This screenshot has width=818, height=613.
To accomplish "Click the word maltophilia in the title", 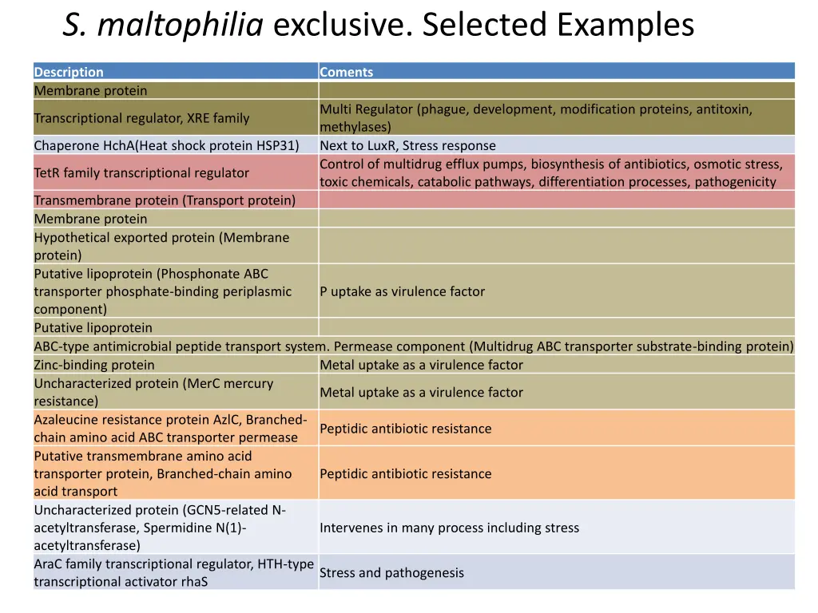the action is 181,26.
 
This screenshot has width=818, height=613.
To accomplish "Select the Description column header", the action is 69,72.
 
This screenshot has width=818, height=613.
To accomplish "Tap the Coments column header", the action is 346,72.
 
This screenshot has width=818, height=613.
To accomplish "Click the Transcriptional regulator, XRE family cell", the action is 141,118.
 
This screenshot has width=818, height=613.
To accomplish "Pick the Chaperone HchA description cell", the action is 166,145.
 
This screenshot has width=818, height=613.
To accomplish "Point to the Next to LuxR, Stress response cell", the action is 407,145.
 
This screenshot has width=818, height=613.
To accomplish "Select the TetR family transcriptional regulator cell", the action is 141,172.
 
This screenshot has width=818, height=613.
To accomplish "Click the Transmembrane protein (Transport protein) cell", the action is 165,200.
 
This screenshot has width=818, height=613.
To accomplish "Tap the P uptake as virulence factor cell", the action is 402,291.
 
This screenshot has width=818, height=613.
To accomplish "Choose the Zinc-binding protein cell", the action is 94,365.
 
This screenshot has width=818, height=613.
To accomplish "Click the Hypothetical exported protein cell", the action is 161,246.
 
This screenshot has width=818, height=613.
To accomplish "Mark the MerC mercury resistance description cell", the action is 153,392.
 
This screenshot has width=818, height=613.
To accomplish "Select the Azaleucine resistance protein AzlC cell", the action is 170,429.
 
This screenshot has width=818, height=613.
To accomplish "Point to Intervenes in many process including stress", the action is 449,528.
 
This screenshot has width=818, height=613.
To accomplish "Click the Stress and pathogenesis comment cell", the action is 391,573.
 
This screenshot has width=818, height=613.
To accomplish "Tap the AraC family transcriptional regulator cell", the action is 173,572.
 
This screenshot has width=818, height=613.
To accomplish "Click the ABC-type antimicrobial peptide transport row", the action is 413,346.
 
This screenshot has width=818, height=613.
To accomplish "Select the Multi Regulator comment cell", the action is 535,118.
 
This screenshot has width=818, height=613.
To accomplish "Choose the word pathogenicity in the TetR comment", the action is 735,182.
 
